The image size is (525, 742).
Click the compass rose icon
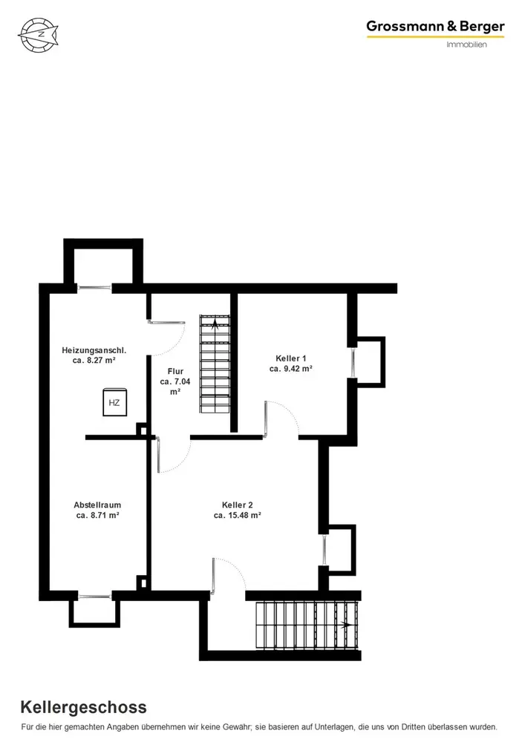39,35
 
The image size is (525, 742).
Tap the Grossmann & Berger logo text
435,27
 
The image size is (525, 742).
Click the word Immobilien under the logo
466,45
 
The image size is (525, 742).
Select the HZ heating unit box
114,402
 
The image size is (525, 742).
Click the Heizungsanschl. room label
94,350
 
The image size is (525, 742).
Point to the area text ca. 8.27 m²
94,360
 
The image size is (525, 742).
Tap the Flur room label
175,371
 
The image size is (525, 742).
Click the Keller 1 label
290,358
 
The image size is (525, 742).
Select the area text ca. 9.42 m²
290,369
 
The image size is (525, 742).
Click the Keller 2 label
237,505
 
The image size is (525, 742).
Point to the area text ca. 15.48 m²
237,516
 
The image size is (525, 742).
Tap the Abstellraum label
97,505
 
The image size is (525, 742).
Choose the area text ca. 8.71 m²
97,516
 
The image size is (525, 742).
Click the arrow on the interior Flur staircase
215,324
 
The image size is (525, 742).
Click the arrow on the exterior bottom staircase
346,625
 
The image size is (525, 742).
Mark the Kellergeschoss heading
83,707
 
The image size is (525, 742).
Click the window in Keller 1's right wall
353,363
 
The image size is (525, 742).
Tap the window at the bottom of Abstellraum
94,597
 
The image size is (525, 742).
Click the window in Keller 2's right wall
325,550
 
